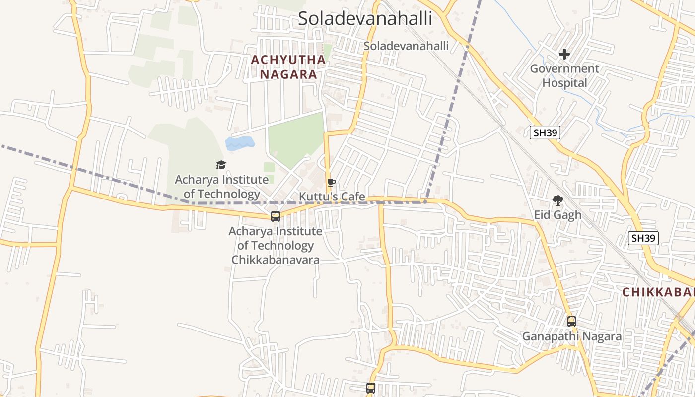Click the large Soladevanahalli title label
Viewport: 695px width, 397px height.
365,19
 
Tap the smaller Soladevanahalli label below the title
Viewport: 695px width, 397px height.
406,46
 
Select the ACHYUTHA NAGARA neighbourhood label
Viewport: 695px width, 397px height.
288,67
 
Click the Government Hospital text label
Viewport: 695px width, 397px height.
564,76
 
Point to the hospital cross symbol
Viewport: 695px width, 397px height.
564,54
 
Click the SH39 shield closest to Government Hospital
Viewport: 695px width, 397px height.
545,132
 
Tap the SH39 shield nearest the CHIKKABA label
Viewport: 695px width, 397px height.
643,238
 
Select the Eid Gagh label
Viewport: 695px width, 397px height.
557,215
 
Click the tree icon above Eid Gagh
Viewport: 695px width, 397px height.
557,200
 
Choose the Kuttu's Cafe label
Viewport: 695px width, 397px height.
332,197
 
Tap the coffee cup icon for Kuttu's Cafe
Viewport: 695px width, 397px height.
332,183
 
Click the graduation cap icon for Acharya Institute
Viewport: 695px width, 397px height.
221,165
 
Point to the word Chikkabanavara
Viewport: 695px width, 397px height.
276,260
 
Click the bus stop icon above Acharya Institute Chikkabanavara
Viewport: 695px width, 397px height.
276,216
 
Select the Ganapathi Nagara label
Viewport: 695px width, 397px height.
571,336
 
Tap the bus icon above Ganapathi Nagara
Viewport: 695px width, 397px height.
572,322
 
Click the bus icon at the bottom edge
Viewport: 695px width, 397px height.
371,388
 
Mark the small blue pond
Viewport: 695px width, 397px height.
240,143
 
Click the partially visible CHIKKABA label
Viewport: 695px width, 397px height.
658,292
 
